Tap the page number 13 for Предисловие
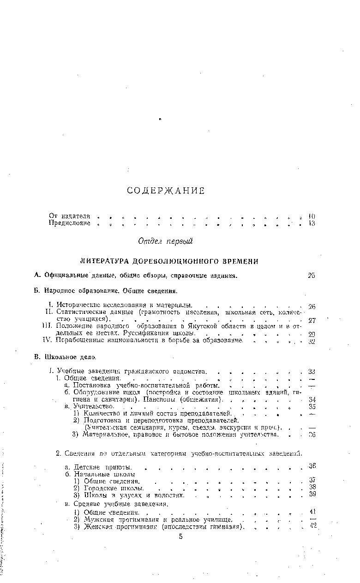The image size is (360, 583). click(312, 224)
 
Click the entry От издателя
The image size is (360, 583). click(69, 216)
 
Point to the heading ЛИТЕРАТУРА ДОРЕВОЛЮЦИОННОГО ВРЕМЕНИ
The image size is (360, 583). click(169, 261)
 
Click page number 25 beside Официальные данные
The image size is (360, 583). click(312, 276)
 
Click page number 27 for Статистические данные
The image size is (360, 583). click(312, 320)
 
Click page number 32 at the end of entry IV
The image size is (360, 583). click(312, 342)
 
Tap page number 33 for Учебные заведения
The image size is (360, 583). click(312, 371)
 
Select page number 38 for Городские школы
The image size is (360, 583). click(312, 487)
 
